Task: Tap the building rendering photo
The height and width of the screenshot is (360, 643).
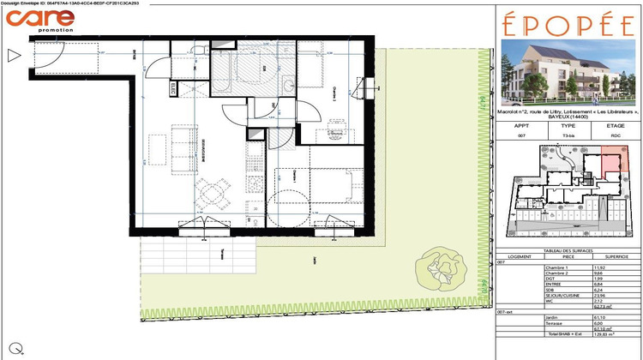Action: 568,70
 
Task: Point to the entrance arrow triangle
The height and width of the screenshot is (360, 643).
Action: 14,57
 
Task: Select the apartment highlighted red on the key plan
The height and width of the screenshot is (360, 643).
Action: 613,164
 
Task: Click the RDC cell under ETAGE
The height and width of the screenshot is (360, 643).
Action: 615,135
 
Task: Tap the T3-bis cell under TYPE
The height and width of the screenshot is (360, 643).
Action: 568,135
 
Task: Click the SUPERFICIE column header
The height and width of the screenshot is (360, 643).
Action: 614,255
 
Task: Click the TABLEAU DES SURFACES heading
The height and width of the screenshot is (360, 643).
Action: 568,249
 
